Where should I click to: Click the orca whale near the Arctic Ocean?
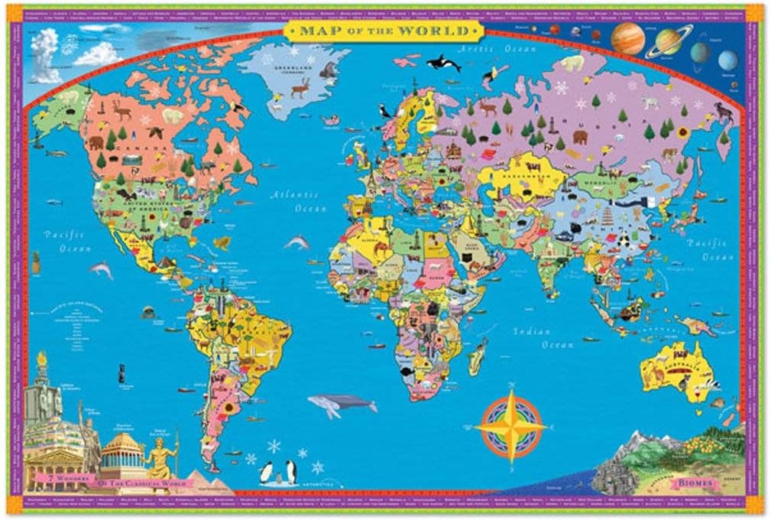[443, 63]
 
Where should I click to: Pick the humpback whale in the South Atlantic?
[340, 403]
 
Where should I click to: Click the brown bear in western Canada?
[96, 142]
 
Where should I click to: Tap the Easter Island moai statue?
[120, 375]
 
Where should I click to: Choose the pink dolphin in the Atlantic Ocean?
[296, 242]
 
